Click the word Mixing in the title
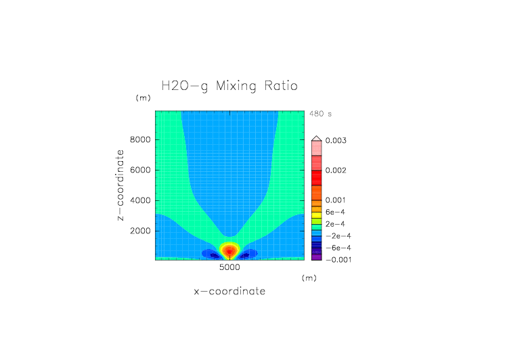(x=238, y=87)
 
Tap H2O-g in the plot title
(x=185, y=87)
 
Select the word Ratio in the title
(x=281, y=86)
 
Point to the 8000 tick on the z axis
(x=139, y=140)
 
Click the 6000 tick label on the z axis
(x=139, y=170)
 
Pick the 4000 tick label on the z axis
(x=139, y=200)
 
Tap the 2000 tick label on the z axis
(x=139, y=231)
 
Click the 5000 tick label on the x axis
(x=229, y=268)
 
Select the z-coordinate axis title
(x=121, y=185)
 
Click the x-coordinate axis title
(x=229, y=291)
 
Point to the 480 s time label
(x=320, y=114)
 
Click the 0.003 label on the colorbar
(x=336, y=140)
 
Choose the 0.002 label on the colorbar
(x=336, y=170)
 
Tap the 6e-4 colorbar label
(x=335, y=212)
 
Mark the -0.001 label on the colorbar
(x=338, y=259)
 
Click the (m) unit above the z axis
(x=143, y=98)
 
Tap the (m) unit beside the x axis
(x=309, y=277)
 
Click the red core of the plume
(x=230, y=251)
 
